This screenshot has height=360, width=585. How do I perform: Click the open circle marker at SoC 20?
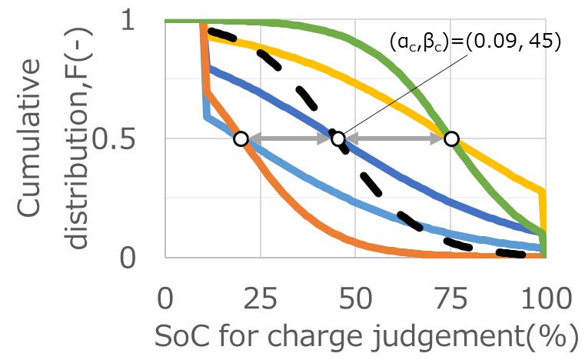(x=241, y=138)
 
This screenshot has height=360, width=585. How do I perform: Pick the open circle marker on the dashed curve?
(x=338, y=138)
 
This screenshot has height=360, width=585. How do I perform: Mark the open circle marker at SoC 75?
(x=451, y=138)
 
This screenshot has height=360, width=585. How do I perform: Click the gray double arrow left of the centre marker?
(x=289, y=138)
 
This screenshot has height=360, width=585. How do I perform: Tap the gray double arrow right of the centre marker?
(x=394, y=138)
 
